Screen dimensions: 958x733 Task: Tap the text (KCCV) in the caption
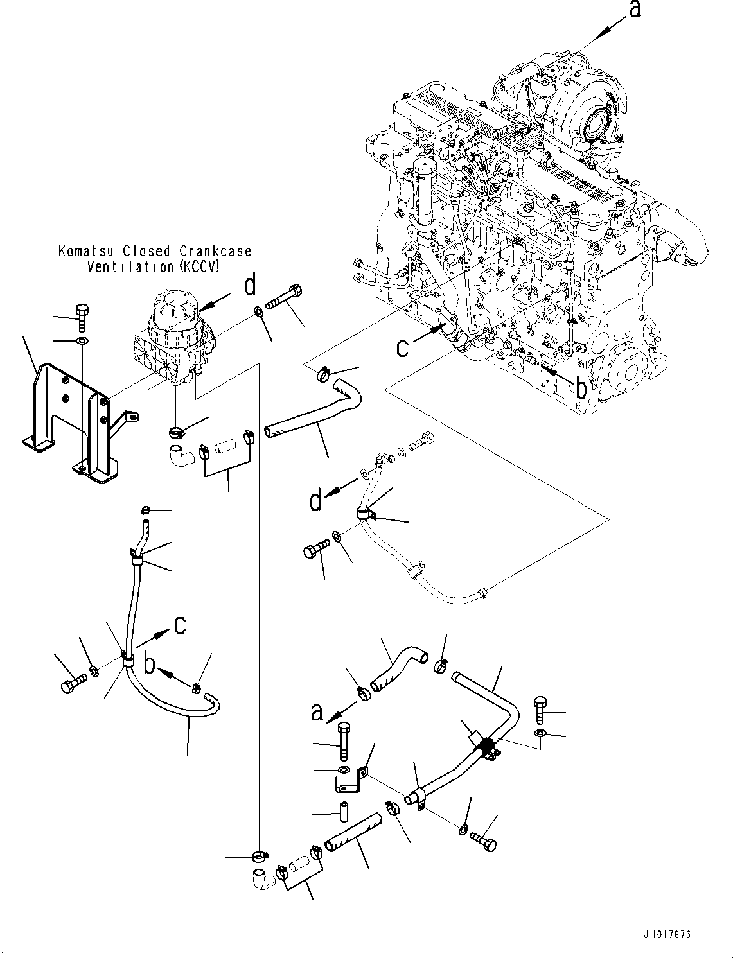[197, 266]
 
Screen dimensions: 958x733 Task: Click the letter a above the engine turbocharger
[635, 10]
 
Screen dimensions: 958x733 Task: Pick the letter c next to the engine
[402, 347]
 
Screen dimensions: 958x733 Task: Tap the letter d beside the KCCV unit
[251, 286]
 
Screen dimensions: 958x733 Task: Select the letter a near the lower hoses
[316, 713]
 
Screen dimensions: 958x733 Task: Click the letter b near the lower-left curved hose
[149, 665]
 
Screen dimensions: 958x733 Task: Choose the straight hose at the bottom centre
[354, 832]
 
